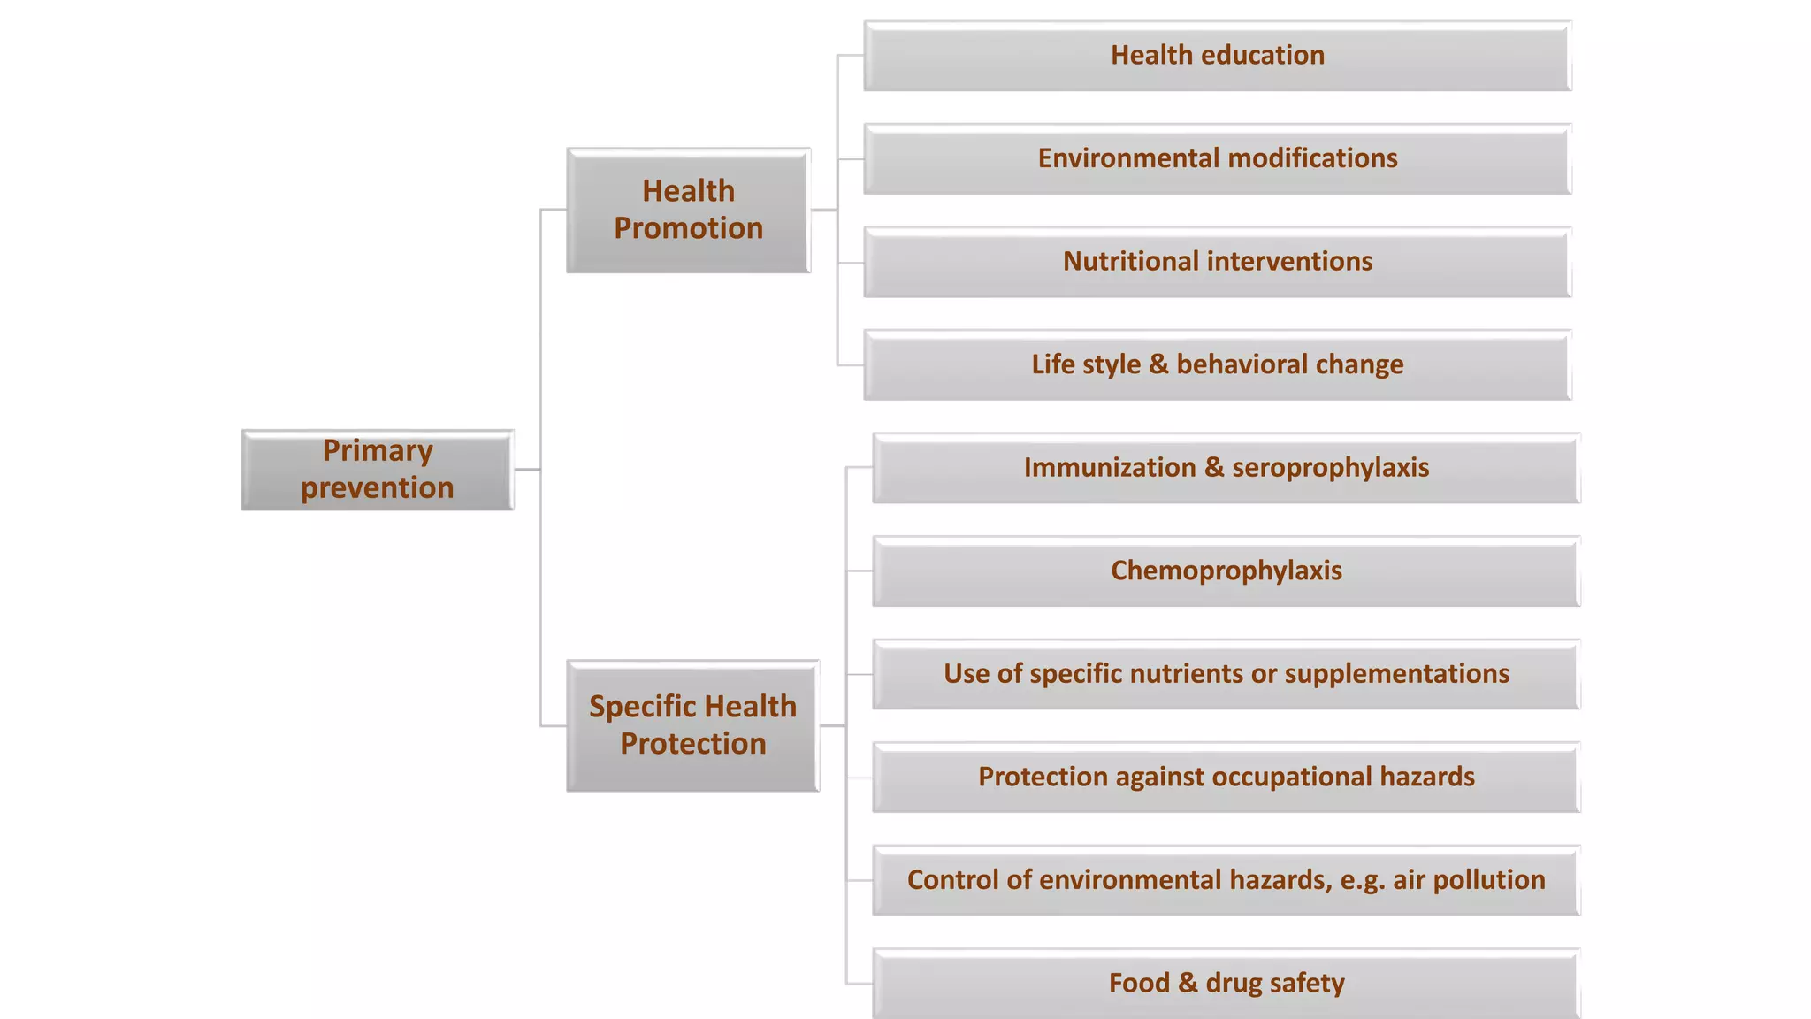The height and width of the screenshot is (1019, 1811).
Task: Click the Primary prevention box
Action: tap(378, 470)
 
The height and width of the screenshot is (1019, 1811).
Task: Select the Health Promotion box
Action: tap(688, 211)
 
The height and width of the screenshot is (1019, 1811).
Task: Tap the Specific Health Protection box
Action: tap(692, 725)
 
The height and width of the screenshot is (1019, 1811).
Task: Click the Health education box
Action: tap(1217, 56)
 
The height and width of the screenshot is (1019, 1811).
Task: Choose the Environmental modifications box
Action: tap(1217, 159)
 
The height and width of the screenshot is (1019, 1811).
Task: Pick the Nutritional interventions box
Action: tap(1217, 262)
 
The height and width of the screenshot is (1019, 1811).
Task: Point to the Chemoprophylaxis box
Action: tap(1226, 571)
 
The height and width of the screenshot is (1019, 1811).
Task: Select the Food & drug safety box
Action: tap(1226, 984)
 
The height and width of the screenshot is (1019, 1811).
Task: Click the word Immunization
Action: tap(1109, 468)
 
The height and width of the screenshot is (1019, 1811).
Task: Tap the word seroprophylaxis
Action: tap(1330, 468)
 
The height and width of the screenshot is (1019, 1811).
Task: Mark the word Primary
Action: tap(378, 451)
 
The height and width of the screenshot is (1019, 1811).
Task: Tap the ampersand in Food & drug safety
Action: tap(1188, 984)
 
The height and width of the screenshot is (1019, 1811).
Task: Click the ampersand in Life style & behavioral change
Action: tap(1158, 364)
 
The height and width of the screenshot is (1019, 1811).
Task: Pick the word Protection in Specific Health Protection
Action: tap(692, 744)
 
